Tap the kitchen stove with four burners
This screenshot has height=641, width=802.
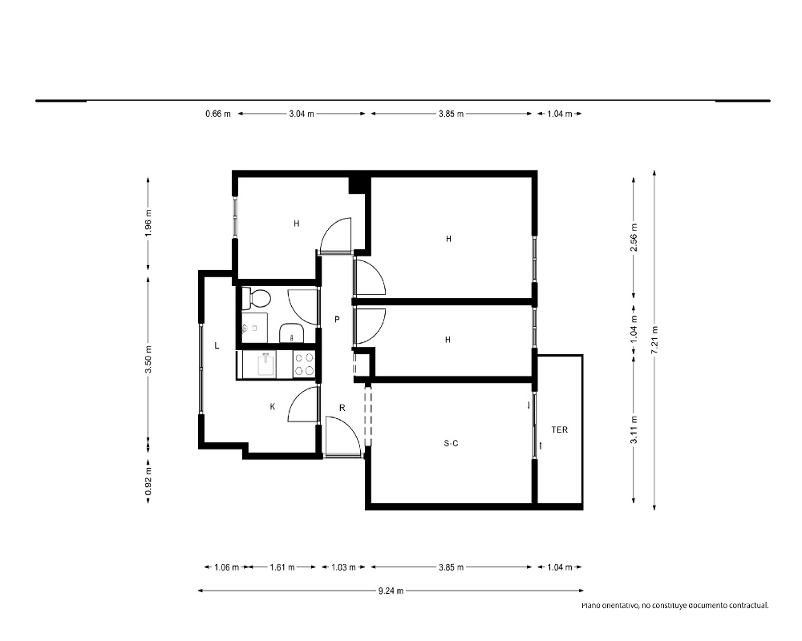pyautogui.click(x=304, y=364)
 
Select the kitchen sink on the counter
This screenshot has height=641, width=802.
pyautogui.click(x=266, y=364)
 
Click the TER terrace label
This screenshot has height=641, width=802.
pyautogui.click(x=560, y=430)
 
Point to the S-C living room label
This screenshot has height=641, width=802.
pyautogui.click(x=451, y=443)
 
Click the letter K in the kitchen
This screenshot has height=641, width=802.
pyautogui.click(x=273, y=406)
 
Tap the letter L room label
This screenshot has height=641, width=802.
pyautogui.click(x=217, y=345)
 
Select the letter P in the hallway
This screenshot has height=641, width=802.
pyautogui.click(x=337, y=320)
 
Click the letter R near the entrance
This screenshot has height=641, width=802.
pyautogui.click(x=342, y=408)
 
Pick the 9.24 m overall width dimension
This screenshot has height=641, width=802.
pyautogui.click(x=391, y=591)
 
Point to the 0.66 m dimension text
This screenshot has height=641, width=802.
pyautogui.click(x=218, y=114)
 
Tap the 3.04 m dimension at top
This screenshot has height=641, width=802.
pyautogui.click(x=302, y=114)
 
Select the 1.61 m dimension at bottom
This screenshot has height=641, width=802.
pyautogui.click(x=282, y=566)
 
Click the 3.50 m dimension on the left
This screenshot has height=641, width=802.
pyautogui.click(x=148, y=359)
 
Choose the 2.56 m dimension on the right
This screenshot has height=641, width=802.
pyautogui.click(x=634, y=237)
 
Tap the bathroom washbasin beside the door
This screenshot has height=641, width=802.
pyautogui.click(x=292, y=333)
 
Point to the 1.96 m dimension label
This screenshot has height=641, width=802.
pyautogui.click(x=148, y=223)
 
